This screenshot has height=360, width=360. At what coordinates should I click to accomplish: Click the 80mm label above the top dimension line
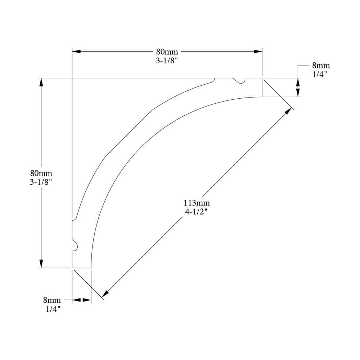click(x=167, y=51)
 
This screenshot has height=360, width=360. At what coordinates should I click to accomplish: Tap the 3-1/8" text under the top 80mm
click(x=167, y=60)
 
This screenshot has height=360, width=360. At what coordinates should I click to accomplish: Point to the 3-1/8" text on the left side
click(x=41, y=182)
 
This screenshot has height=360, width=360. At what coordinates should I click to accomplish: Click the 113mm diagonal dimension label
click(x=197, y=203)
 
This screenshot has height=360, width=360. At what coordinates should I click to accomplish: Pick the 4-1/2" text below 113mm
click(x=196, y=211)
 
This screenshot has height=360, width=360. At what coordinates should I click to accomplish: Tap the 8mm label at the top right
click(x=321, y=66)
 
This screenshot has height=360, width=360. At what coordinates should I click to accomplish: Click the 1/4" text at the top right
click(x=319, y=74)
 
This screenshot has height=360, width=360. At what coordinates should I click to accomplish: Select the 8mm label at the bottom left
click(x=52, y=300)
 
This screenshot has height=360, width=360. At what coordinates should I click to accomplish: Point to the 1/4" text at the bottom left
click(x=53, y=309)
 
